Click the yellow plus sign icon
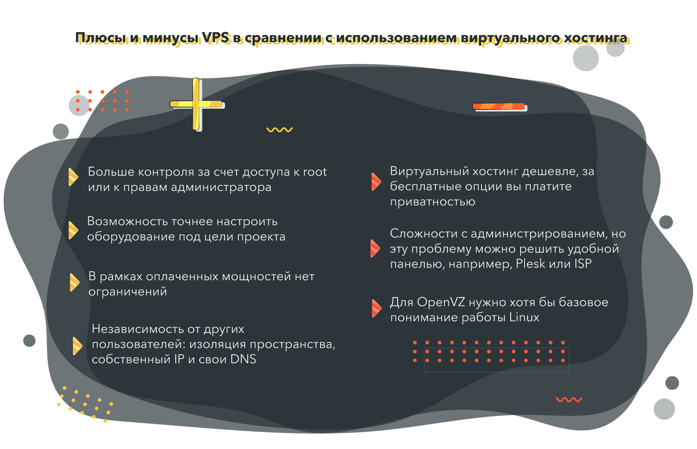coord(196,104)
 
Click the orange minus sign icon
coord(499,106)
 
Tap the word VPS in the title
coord(215,38)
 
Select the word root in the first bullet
coord(315,172)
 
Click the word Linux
coord(524,317)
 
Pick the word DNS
coord(243,359)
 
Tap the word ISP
coord(583,264)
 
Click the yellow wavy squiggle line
coord(279,130)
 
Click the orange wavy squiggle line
coord(569,400)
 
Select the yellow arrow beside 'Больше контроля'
coord(73,177)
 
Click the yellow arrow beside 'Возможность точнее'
coord(73,230)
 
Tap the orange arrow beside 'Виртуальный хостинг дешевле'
coord(376,181)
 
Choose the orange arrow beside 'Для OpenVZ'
coord(377,308)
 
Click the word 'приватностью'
coord(433,202)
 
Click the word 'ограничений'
coord(128,292)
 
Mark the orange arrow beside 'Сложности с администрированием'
coord(375,248)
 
